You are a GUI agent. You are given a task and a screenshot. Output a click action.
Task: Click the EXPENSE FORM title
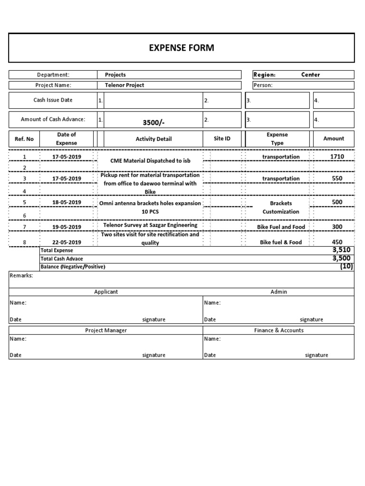point(182,47)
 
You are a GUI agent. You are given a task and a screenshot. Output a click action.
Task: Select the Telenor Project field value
point(124,85)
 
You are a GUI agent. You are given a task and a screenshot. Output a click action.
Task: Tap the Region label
point(265,75)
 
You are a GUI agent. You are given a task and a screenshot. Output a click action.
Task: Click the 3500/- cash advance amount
point(154,122)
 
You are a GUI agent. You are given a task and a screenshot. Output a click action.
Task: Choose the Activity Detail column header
point(154,139)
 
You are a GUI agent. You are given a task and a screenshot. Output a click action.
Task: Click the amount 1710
point(337,156)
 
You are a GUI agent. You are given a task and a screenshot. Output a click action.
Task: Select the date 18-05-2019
point(67,202)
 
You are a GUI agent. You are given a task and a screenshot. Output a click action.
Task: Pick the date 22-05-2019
point(67,242)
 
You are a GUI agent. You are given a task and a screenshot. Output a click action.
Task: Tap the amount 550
point(337,178)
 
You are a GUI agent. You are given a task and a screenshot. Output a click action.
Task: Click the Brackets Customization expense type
point(281,207)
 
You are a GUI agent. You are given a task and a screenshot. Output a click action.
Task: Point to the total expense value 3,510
point(342,250)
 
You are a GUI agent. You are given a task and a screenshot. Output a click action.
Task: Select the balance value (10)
point(346,266)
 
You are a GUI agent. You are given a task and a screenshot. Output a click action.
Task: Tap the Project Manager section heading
point(106,330)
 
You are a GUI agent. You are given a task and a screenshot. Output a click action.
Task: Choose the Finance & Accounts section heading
point(279,330)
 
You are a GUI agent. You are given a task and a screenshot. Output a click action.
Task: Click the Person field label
point(263,85)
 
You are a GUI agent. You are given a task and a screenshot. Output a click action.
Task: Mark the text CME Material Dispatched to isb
point(150,161)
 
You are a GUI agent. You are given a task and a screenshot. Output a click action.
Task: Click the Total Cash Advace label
point(62,259)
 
